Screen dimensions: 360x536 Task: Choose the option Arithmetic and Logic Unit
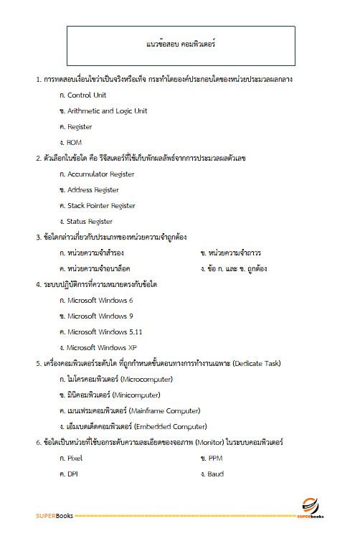click(107, 111)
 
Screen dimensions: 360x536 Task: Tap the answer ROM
click(75, 142)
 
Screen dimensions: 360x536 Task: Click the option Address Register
click(93, 190)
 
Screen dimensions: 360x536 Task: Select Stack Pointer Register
click(101, 206)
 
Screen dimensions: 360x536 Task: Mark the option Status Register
click(90, 222)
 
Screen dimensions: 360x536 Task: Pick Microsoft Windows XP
click(102, 347)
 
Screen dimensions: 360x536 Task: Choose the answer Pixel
click(75, 458)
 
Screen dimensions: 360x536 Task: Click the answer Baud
click(217, 474)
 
